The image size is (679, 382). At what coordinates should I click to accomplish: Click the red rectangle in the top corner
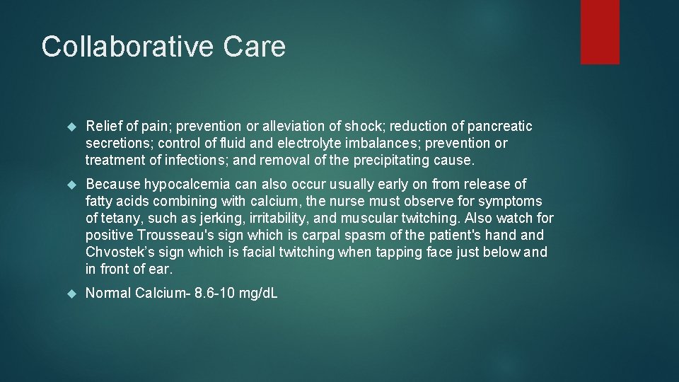click(x=600, y=32)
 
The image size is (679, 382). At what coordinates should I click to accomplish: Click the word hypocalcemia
click(x=189, y=185)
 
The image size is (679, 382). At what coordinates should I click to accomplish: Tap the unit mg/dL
click(x=258, y=294)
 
